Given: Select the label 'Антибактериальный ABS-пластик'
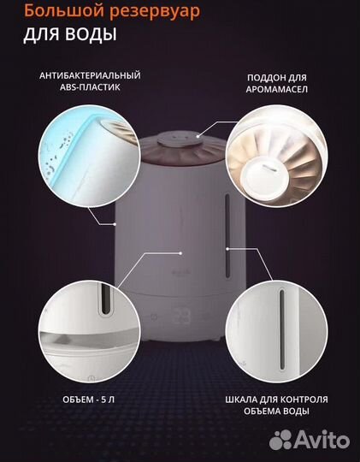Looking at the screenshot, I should [x=89, y=80].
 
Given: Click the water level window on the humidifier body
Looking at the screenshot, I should [x=227, y=240].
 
